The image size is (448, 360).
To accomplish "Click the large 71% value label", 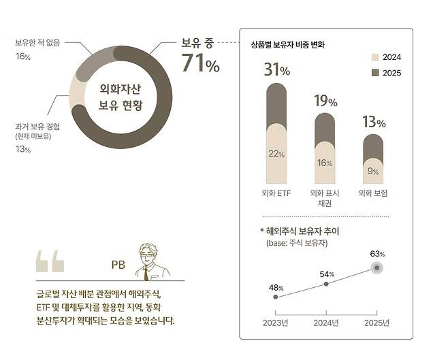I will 200,65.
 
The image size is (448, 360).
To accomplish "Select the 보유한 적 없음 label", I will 38,42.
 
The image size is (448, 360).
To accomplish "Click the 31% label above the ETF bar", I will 276,71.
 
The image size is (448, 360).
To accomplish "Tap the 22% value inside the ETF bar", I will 276,154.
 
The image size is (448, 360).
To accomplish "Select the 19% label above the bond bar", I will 325,101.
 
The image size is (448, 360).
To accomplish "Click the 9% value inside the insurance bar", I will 372,171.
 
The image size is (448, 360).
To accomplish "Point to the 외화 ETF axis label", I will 276,193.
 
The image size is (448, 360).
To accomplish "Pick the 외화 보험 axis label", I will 372,193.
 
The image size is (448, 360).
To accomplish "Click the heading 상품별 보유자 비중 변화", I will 289,45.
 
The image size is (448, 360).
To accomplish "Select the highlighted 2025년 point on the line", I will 376,267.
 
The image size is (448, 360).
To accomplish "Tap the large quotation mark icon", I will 50,261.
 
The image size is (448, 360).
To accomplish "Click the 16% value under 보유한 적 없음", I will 23,57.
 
